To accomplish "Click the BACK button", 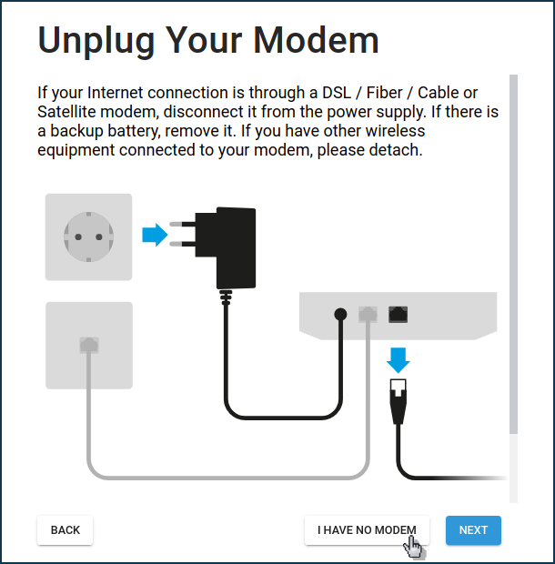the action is point(66,530).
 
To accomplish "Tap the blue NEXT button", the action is point(473,530).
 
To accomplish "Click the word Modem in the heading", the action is point(316,40).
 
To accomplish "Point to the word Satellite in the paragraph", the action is point(66,112).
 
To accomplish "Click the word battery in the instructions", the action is point(133,131).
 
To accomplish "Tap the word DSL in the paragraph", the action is point(337,93).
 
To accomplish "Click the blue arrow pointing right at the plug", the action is point(155,235).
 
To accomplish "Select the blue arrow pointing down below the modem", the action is point(399,360).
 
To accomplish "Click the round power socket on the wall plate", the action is point(88,237).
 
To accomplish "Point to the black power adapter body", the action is point(236,248).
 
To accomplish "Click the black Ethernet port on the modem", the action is point(399,315).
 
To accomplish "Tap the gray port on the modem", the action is point(368,315).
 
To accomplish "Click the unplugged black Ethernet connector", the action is point(399,401).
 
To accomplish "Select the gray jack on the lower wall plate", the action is point(89,345).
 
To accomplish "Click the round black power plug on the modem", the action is point(340,315).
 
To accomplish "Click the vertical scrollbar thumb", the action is point(514,255).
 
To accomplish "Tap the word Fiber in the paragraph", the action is point(384,93).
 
